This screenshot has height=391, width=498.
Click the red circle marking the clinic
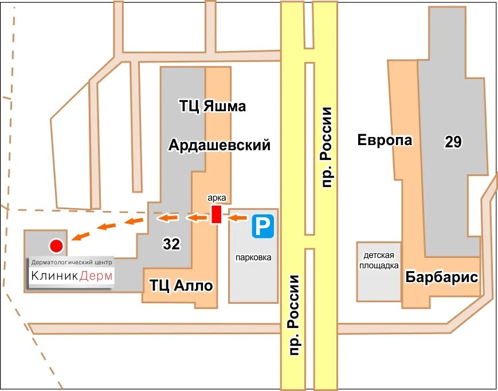56,246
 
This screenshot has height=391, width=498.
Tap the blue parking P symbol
263,226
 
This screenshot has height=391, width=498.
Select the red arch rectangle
216,214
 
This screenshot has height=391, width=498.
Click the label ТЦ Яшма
213,106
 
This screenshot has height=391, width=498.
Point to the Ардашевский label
219,146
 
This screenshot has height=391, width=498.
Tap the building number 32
171,244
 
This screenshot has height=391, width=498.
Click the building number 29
453,142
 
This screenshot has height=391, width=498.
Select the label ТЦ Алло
181,285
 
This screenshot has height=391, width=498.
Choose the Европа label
385,140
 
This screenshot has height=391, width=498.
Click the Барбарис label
442,277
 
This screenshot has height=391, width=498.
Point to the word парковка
253,257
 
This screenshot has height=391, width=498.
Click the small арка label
217,198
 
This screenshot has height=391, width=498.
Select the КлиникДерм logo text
72,276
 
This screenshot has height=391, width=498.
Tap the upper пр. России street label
327,147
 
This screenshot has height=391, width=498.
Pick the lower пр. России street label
295,315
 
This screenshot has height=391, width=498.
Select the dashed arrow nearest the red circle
81,235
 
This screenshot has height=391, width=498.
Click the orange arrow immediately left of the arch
197,217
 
